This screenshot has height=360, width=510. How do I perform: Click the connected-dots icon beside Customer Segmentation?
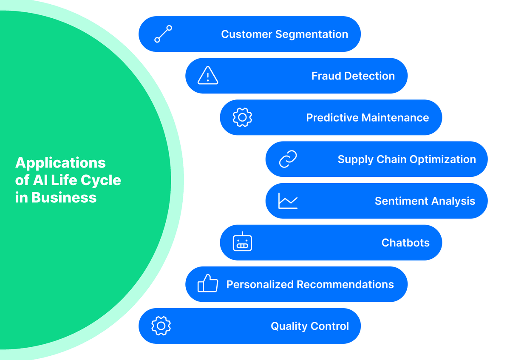163,34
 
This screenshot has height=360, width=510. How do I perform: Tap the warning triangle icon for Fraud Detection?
208,75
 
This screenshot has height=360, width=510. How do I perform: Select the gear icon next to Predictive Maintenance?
242,117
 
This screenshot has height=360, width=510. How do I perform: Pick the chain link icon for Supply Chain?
288,159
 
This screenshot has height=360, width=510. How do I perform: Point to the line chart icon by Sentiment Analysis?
288,201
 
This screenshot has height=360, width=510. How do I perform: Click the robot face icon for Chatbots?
242,243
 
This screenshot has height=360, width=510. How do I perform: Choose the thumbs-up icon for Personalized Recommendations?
208,283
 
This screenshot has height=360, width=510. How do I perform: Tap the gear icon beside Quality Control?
161,326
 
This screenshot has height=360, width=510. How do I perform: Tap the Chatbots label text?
405,243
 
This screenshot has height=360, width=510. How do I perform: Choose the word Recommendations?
345,284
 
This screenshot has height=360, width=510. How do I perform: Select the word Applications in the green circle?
60,163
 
